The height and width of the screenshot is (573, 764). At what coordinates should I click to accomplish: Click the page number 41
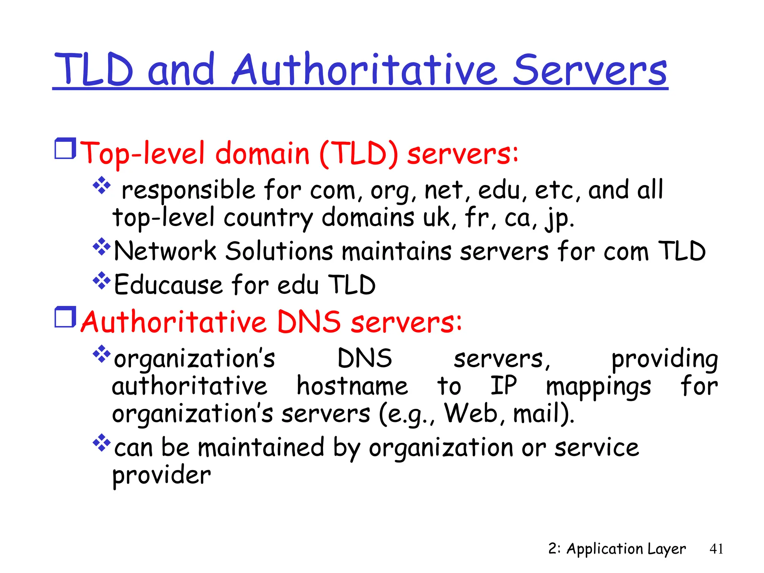point(716,549)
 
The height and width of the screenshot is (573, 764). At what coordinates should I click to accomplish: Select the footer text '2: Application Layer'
point(617,549)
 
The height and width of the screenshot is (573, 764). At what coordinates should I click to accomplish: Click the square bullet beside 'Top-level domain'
point(65,148)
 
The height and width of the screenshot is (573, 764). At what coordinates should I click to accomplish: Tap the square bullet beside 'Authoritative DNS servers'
point(65,317)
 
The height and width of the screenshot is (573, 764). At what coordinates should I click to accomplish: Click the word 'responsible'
point(188,190)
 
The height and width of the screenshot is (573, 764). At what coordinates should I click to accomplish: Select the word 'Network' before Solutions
point(165,251)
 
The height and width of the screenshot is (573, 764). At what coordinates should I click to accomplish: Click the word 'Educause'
point(168,285)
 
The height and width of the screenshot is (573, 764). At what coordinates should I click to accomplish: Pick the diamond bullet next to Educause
point(101,281)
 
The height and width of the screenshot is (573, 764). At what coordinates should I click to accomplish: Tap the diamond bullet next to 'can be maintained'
point(101,443)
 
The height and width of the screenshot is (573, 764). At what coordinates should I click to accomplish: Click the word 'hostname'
point(352,386)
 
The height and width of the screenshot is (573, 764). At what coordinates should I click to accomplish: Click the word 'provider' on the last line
point(162,476)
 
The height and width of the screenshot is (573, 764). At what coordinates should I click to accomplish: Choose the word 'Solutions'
point(279,251)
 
